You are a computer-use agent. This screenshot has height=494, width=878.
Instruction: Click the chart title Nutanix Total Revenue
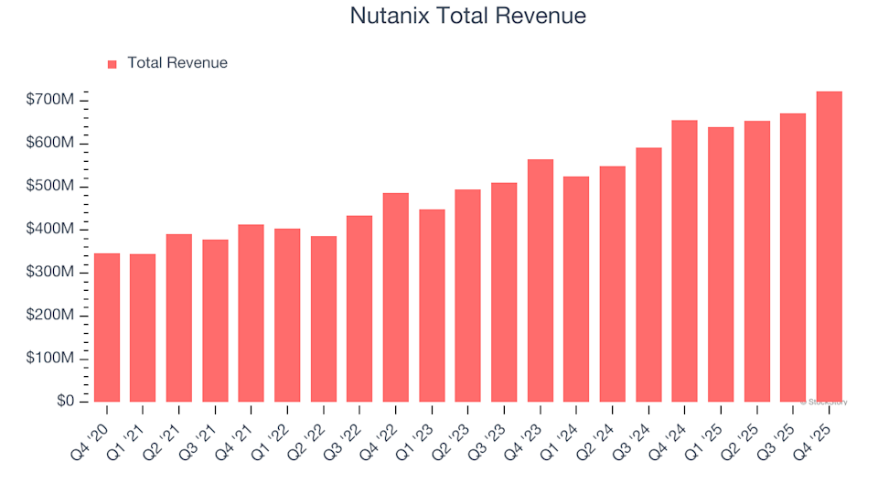pos(467,16)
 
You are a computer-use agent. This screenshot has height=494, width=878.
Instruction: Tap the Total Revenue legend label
pos(177,63)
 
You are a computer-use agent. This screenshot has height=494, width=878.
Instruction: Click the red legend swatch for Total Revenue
pos(112,64)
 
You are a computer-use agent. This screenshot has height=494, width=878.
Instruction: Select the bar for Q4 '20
pos(107,328)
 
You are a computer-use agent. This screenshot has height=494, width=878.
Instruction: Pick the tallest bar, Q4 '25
pos(829,246)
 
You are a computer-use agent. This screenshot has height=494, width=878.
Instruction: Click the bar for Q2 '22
pos(324,318)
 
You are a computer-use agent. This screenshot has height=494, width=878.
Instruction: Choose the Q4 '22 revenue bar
pos(396,297)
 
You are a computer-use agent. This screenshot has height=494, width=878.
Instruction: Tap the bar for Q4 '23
pos(541,281)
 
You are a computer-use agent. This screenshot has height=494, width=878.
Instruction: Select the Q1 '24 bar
pos(576,289)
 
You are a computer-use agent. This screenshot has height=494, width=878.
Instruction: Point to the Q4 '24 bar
pos(684,261)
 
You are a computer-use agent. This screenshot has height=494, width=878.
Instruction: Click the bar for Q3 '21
pos(215,320)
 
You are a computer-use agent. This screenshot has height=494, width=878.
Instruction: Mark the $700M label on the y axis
pos(49,100)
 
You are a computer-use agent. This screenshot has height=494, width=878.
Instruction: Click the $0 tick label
pos(66,401)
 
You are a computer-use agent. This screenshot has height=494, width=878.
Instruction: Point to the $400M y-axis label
pos(49,229)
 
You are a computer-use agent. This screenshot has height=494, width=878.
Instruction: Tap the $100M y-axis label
pos(49,358)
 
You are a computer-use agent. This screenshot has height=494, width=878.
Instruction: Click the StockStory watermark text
pos(824,403)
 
